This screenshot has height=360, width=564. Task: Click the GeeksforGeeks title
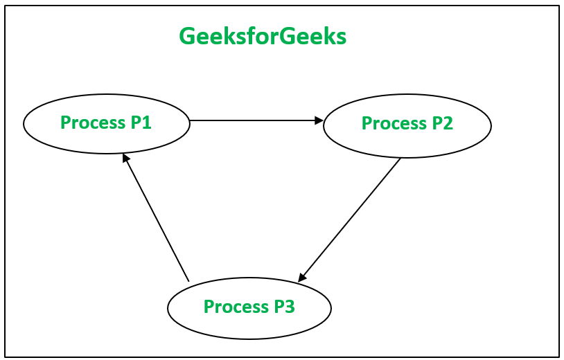pyautogui.click(x=263, y=36)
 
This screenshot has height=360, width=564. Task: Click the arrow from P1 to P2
pyautogui.click(x=256, y=120)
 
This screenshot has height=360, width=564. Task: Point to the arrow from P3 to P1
pyautogui.click(x=156, y=217)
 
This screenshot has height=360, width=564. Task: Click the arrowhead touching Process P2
pyautogui.click(x=319, y=120)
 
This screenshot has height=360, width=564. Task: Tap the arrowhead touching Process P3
pyautogui.click(x=301, y=278)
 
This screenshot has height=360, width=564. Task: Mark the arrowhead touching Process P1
pyautogui.click(x=125, y=158)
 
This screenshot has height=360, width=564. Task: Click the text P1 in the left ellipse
pyautogui.click(x=141, y=123)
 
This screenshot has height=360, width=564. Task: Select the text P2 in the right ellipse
pyautogui.click(x=442, y=123)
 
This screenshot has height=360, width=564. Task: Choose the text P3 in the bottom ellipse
pyautogui.click(x=284, y=306)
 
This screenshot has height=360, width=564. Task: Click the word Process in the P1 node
pyautogui.click(x=92, y=123)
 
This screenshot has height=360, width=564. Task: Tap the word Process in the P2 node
pyautogui.click(x=394, y=123)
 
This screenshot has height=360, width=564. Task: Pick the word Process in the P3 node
pyautogui.click(x=235, y=306)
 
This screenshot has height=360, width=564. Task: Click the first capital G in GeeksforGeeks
pyautogui.click(x=187, y=36)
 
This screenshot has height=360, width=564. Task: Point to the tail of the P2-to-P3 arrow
pyautogui.click(x=400, y=159)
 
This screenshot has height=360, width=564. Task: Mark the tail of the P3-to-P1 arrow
pyautogui.click(x=188, y=280)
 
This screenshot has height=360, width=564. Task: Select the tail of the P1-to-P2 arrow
pyautogui.click(x=191, y=120)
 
